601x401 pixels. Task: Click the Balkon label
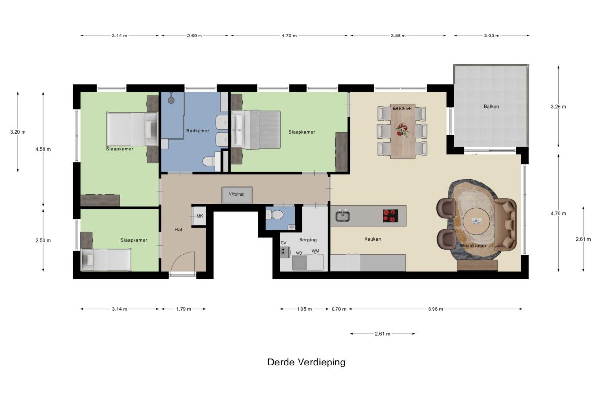tap(491, 106)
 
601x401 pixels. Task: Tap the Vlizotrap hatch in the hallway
tap(236, 194)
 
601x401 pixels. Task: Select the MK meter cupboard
tap(200, 216)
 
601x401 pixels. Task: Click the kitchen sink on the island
tap(342, 216)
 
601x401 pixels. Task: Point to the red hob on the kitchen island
tap(390, 216)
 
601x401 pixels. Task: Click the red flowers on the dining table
tap(402, 130)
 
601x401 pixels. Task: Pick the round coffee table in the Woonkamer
tap(476, 221)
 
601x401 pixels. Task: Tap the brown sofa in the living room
tap(506, 223)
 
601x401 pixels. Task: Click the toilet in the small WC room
tap(275, 215)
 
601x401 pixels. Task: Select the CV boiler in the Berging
tap(285, 252)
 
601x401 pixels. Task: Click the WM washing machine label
tap(315, 252)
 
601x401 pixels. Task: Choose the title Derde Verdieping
tap(306, 362)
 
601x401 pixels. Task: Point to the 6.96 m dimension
tap(435, 309)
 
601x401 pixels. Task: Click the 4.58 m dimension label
tap(43, 149)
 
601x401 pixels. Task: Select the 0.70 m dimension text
tap(339, 309)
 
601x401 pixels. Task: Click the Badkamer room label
tap(198, 131)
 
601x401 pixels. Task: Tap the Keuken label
tap(372, 239)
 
